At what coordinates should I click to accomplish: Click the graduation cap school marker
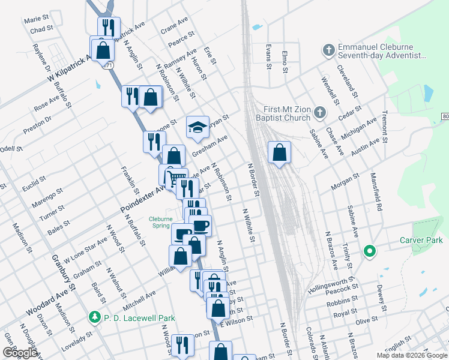click(x=197, y=127)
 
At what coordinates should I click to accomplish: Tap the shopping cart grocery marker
click(x=176, y=178)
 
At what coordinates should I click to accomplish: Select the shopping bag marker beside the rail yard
click(x=279, y=152)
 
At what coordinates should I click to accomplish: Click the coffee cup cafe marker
click(x=200, y=226)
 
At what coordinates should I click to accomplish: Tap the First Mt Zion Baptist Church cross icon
click(x=321, y=112)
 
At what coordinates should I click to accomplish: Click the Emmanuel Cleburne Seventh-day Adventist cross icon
click(x=328, y=50)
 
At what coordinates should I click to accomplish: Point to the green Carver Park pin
click(x=370, y=251)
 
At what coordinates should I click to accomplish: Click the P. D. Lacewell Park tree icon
click(x=94, y=316)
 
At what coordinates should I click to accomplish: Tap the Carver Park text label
click(x=421, y=240)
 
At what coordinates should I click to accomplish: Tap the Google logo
click(x=20, y=353)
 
